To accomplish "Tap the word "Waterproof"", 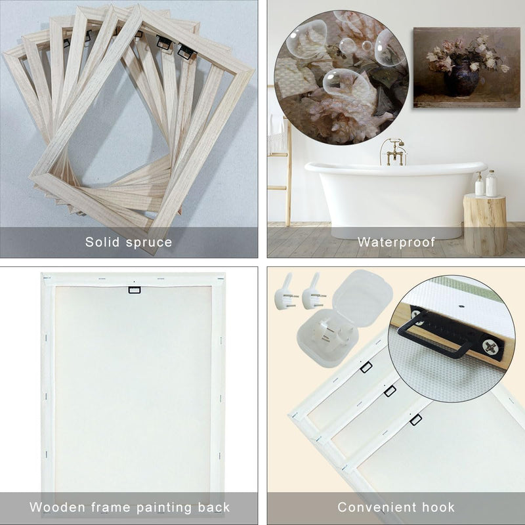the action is click(x=396, y=242).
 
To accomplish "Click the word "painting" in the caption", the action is click(x=164, y=507).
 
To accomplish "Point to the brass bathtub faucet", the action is click(x=393, y=152).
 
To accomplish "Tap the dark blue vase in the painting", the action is click(x=461, y=79).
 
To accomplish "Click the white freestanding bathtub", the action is click(x=395, y=198).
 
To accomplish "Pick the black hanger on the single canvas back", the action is click(x=135, y=290).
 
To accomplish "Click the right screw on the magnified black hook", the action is click(x=488, y=346).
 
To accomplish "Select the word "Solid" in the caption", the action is click(x=102, y=241).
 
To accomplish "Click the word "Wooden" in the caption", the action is click(x=57, y=507).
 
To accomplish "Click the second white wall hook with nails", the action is click(x=313, y=292).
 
